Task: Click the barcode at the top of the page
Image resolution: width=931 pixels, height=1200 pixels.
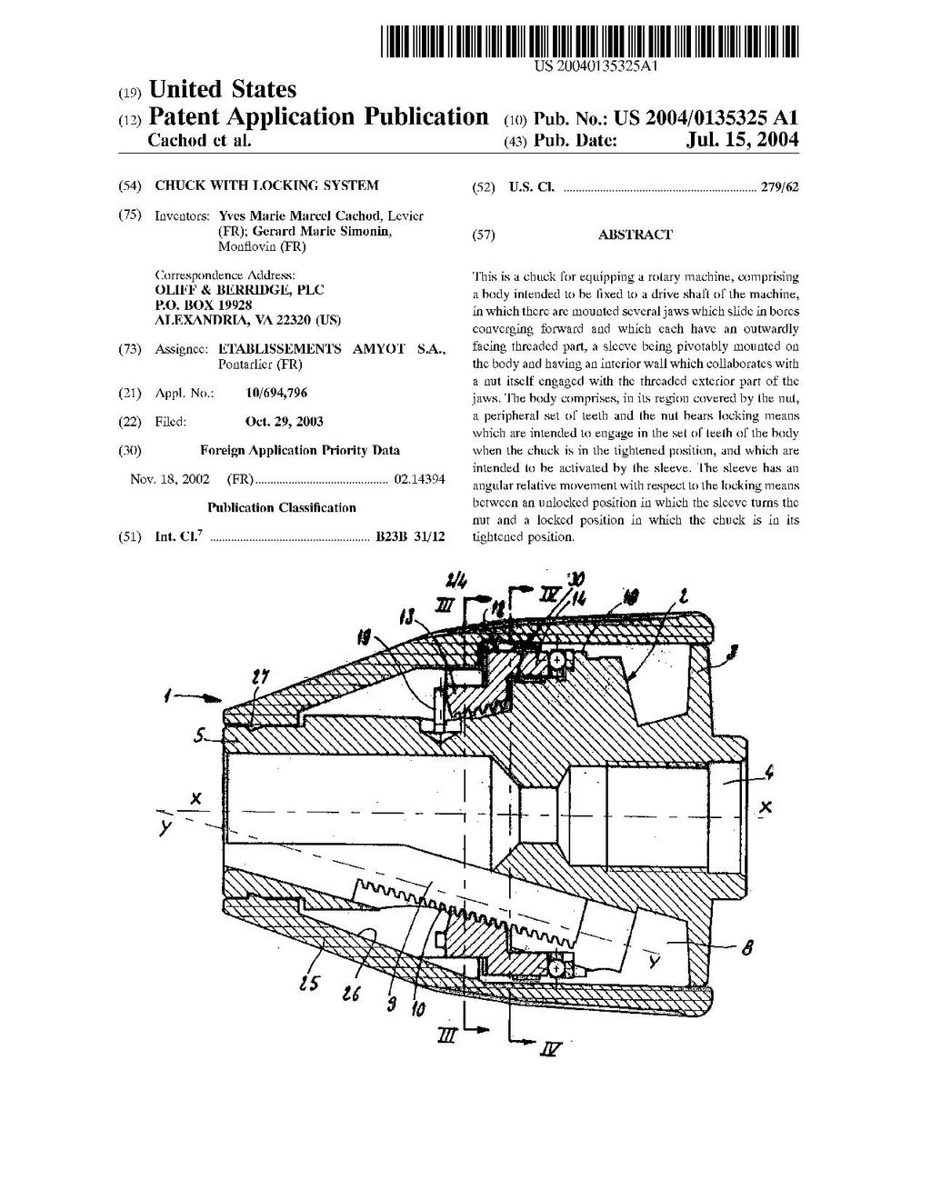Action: tap(589, 42)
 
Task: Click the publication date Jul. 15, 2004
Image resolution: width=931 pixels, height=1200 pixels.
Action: tap(742, 139)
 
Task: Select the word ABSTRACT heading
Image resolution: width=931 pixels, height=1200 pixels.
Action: tap(635, 235)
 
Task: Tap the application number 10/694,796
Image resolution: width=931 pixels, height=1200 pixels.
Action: tap(276, 393)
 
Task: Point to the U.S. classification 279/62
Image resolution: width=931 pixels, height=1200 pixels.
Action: tap(780, 186)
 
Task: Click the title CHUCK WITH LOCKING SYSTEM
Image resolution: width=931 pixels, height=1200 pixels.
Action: tap(266, 185)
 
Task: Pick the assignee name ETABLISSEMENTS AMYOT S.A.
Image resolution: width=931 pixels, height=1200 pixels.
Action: tap(332, 349)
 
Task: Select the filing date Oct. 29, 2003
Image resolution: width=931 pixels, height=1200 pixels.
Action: tap(284, 421)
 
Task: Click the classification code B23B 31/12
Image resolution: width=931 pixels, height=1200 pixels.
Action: tap(410, 536)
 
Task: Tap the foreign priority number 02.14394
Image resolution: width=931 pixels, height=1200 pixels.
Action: tap(420, 479)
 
